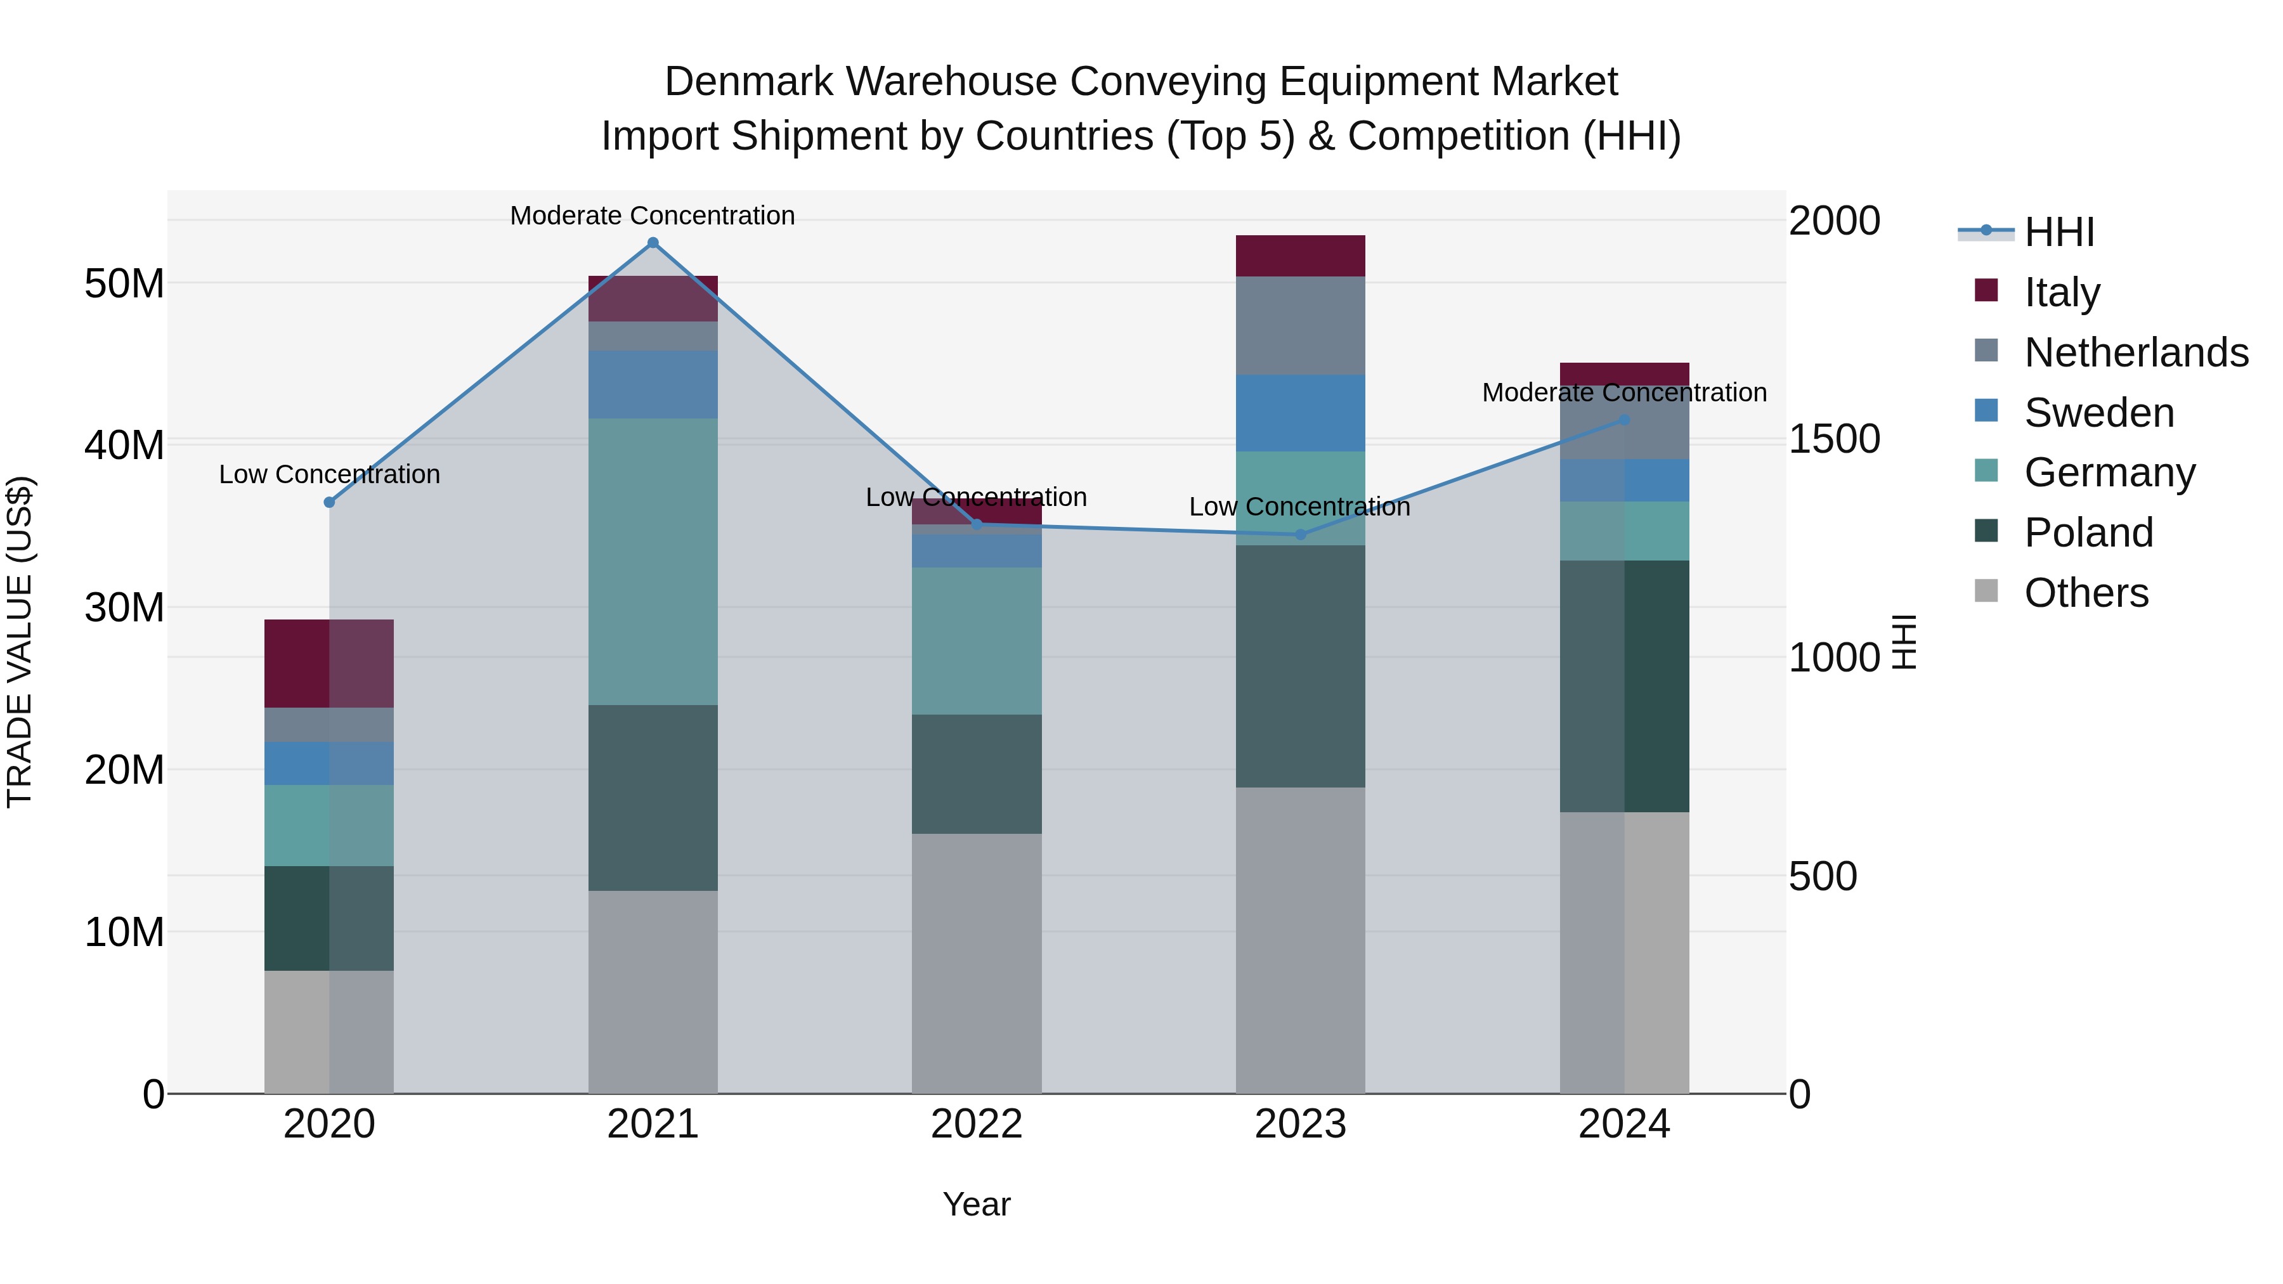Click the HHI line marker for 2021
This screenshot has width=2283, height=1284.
(653, 243)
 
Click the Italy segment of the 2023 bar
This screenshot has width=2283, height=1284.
(1300, 256)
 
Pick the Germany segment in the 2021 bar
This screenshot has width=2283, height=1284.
(653, 561)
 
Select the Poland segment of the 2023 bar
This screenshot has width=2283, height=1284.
(1300, 666)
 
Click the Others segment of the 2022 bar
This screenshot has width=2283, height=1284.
(976, 963)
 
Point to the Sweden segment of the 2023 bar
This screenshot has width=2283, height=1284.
(1300, 413)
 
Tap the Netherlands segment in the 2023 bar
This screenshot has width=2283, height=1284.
(1300, 325)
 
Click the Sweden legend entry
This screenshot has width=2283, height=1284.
(2098, 413)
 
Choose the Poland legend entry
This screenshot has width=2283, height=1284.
(2088, 533)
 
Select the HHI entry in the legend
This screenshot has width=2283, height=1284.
(2059, 232)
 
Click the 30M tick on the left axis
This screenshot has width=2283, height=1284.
(124, 608)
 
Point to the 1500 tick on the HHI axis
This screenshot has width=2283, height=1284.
(1833, 439)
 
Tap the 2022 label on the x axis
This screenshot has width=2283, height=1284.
(976, 1124)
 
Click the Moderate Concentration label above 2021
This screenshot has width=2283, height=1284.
(653, 216)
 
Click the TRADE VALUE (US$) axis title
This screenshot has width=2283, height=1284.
(20, 642)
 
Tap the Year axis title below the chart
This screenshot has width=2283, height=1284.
(976, 1204)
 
